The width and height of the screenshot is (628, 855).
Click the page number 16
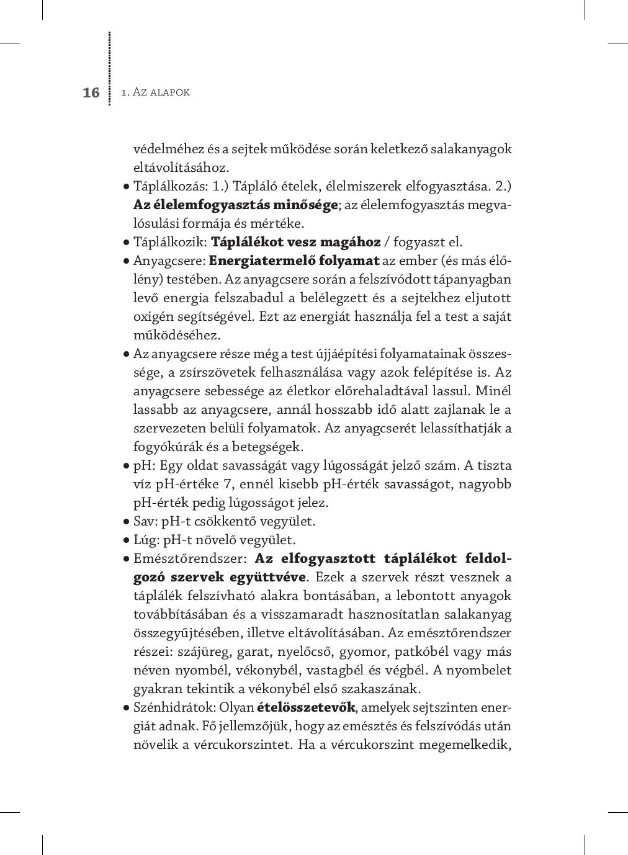(x=91, y=92)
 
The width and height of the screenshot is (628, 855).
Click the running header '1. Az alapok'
(x=155, y=92)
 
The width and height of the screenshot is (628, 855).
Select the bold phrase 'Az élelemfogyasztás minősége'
(x=236, y=205)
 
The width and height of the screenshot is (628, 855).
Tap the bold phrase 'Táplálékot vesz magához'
(x=295, y=242)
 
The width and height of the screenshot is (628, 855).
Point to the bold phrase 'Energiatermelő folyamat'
(x=294, y=261)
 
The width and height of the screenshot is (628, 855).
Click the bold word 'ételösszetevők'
(x=306, y=707)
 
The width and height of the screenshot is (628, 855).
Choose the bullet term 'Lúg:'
(x=146, y=540)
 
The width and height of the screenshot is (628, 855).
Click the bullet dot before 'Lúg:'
(x=126, y=540)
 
